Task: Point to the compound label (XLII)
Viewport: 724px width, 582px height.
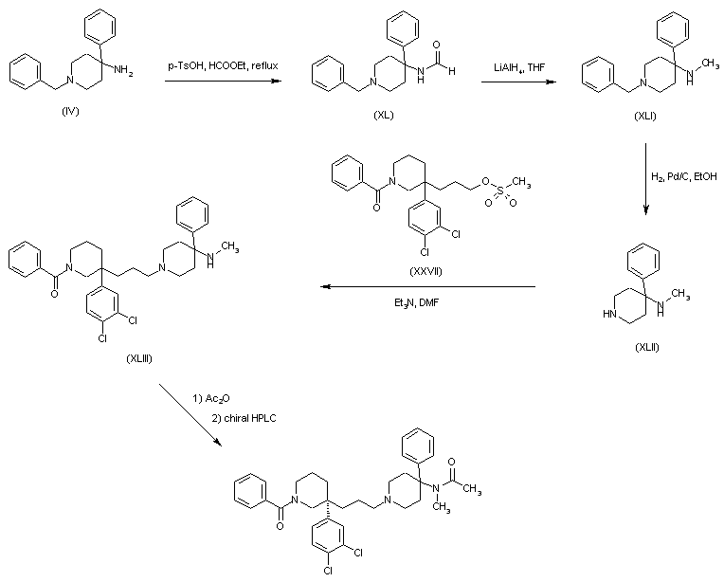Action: click(x=647, y=346)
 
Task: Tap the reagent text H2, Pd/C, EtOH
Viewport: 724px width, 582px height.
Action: click(x=684, y=177)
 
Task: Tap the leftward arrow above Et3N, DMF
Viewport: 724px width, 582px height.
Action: click(x=425, y=287)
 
